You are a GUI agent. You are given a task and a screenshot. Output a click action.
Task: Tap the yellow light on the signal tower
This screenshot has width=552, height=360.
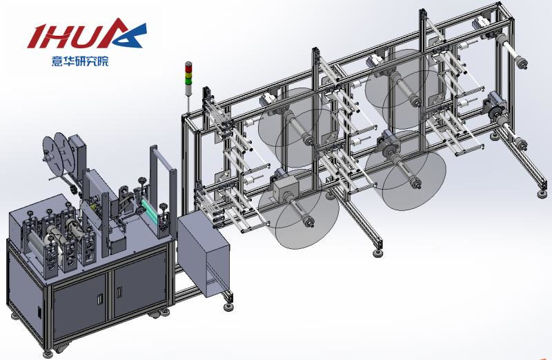[x=189, y=74]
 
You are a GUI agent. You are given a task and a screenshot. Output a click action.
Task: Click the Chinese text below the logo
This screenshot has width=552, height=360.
[x=80, y=61]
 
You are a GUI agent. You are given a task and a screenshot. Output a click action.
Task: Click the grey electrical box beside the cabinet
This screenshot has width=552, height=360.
[x=204, y=254]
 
